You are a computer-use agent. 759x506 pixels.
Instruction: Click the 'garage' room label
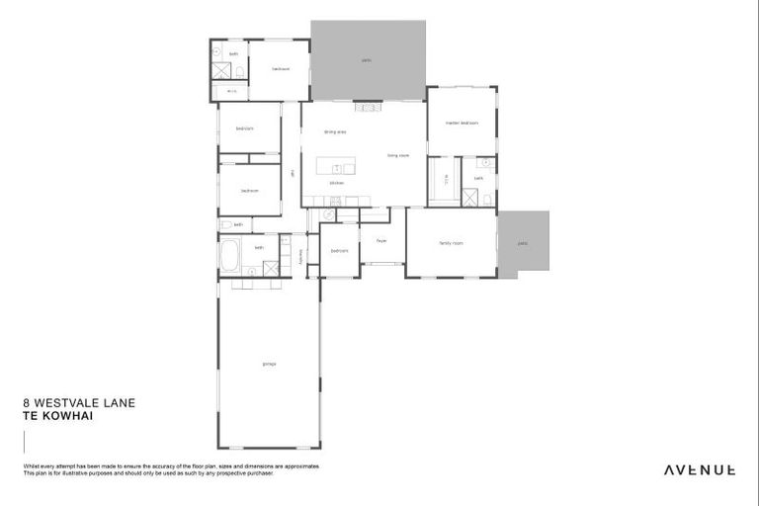click(269, 365)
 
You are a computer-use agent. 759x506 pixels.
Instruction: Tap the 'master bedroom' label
click(462, 124)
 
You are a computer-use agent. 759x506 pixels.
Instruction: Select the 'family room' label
click(453, 243)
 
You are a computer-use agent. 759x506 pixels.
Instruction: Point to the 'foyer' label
click(380, 240)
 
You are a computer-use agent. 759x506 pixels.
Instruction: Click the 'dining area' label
click(335, 131)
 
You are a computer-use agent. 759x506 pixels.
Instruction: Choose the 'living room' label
click(398, 155)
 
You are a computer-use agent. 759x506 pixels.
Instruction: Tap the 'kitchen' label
click(336, 183)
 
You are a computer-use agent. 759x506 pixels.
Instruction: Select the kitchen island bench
click(336, 167)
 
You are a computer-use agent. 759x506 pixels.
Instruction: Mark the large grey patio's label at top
click(367, 60)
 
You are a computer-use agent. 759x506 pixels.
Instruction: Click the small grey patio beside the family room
click(523, 243)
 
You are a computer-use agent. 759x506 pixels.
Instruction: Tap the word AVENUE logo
click(699, 469)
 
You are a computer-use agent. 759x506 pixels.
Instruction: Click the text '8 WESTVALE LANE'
click(65, 403)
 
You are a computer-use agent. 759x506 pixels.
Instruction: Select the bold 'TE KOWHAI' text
click(51, 415)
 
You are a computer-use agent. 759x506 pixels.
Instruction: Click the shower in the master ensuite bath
click(485, 199)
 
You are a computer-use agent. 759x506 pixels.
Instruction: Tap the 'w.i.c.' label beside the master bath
click(446, 178)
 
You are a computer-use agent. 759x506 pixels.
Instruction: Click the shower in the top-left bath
click(222, 71)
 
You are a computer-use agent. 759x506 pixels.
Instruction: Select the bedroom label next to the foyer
click(339, 251)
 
